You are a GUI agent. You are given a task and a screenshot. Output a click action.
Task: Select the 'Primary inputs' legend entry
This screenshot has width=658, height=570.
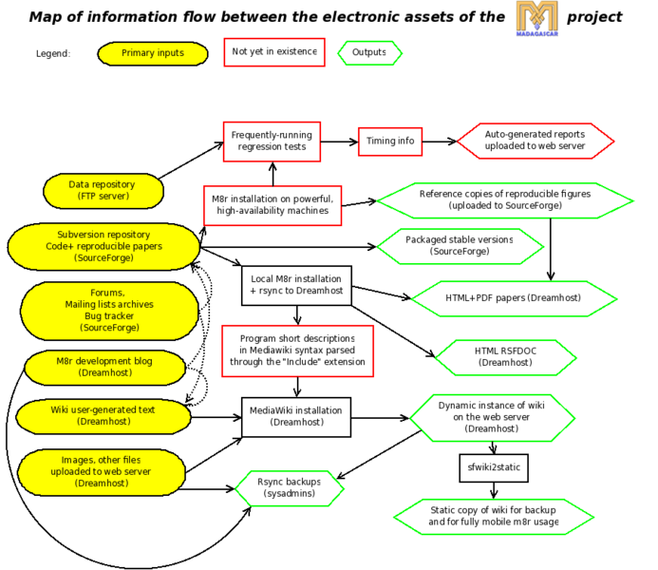(x=153, y=53)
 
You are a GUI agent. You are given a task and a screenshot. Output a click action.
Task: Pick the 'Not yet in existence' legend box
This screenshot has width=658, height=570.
(x=274, y=52)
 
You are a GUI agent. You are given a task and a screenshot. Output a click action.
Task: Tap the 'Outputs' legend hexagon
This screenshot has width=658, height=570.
(x=369, y=53)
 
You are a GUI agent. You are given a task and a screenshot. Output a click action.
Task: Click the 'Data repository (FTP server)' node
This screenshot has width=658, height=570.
(x=102, y=190)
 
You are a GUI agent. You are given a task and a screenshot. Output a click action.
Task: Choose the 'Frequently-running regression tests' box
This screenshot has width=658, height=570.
(x=272, y=142)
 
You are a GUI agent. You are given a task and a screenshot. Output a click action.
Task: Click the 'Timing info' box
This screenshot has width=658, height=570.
(x=390, y=142)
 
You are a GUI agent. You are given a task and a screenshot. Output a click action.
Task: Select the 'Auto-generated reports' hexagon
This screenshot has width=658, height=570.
(x=536, y=142)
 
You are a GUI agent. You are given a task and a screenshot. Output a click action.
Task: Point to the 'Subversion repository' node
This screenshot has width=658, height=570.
(x=103, y=246)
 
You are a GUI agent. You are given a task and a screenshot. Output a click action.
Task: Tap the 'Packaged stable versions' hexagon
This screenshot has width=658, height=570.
(x=460, y=246)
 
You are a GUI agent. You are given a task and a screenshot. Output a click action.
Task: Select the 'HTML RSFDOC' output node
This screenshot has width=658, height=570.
(x=505, y=357)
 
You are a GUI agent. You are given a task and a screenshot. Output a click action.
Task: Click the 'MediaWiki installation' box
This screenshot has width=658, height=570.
(x=295, y=417)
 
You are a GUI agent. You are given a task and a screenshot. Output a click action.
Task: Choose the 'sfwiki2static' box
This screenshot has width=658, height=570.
(x=493, y=468)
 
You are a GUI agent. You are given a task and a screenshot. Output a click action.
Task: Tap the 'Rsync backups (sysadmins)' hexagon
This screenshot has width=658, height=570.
(x=288, y=487)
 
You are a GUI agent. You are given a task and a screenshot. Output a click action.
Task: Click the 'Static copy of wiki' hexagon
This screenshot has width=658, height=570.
(x=493, y=516)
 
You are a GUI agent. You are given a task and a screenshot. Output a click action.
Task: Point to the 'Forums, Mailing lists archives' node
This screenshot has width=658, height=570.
(x=109, y=310)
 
